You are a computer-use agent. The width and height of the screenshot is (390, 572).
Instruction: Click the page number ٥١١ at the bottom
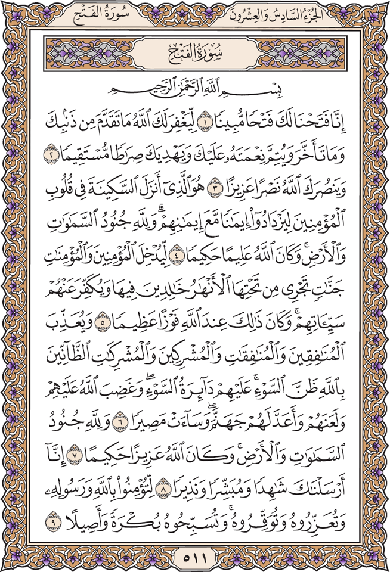(x=194, y=558)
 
